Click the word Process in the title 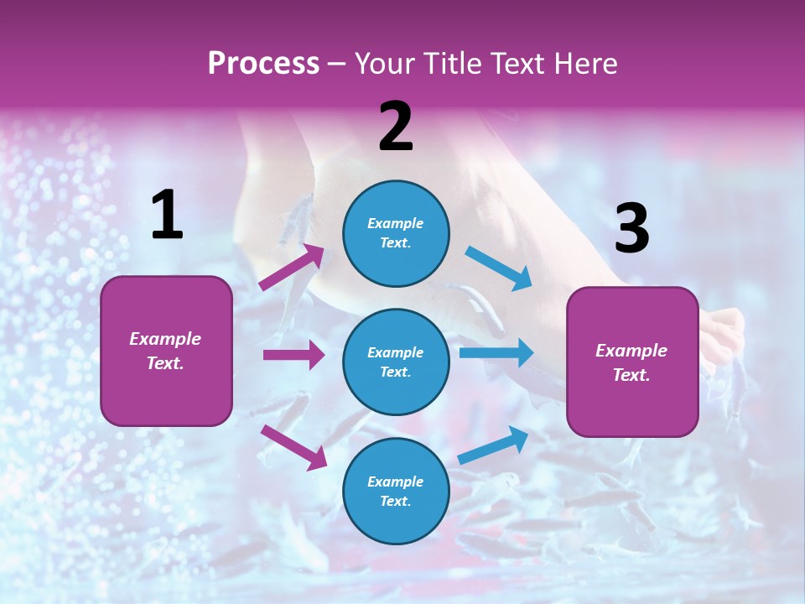(x=263, y=64)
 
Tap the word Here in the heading (x=584, y=64)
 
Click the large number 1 (x=167, y=216)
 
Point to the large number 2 (x=396, y=127)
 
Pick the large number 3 (x=631, y=229)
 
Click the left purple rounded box (x=166, y=351)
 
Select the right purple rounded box (x=632, y=362)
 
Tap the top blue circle (x=396, y=233)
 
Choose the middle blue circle (x=396, y=362)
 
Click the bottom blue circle (x=396, y=491)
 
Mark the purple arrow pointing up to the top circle (x=292, y=267)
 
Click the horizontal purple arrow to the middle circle (x=293, y=355)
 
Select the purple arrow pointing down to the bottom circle (x=293, y=446)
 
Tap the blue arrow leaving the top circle (x=498, y=268)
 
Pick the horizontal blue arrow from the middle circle (x=496, y=352)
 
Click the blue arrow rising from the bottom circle (x=493, y=445)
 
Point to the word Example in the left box (x=165, y=339)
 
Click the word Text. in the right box (x=631, y=375)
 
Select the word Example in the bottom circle (x=396, y=482)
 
